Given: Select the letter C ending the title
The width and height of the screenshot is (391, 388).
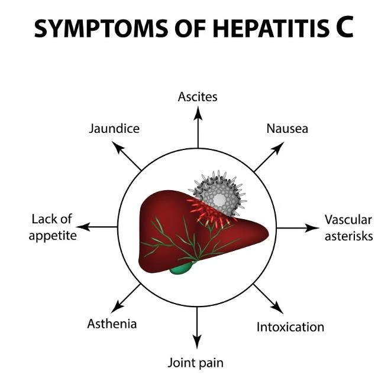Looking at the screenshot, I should click(343, 28).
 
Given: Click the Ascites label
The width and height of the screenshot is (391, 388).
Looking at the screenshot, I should click(198, 96).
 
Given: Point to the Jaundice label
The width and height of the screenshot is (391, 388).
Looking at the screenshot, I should click(114, 128).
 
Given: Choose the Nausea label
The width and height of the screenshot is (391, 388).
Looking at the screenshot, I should click(287, 128).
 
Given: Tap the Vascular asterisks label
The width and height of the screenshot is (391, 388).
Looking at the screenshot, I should click(348, 227).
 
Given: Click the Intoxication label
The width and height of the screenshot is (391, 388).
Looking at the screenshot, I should click(290, 327).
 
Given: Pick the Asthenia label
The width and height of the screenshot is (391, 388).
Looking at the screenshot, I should click(112, 324).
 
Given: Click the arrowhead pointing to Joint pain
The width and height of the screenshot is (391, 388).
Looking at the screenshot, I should click(197, 342).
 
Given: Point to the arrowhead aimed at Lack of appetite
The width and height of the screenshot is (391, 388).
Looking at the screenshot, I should click(83, 227).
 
